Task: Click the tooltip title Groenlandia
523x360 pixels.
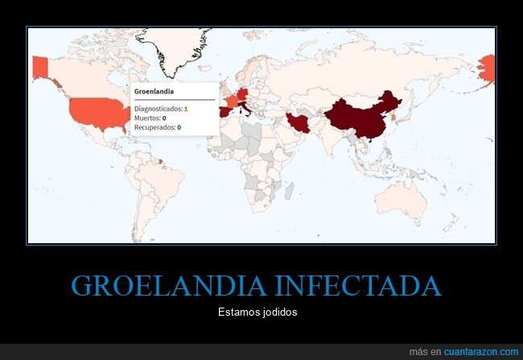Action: click(x=154, y=92)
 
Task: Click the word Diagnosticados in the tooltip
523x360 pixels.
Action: click(x=158, y=109)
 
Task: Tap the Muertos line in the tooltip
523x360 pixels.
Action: click(x=150, y=118)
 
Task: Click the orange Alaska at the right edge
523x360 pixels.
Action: click(x=487, y=69)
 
